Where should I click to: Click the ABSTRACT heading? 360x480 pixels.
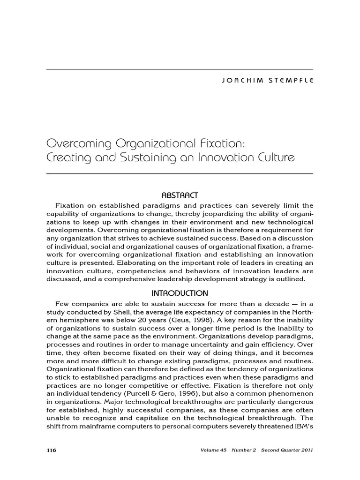tap(180, 195)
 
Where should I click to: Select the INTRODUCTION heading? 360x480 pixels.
tap(180, 293)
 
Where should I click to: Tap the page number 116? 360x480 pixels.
tap(51, 450)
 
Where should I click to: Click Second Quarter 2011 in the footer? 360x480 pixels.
tap(287, 450)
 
